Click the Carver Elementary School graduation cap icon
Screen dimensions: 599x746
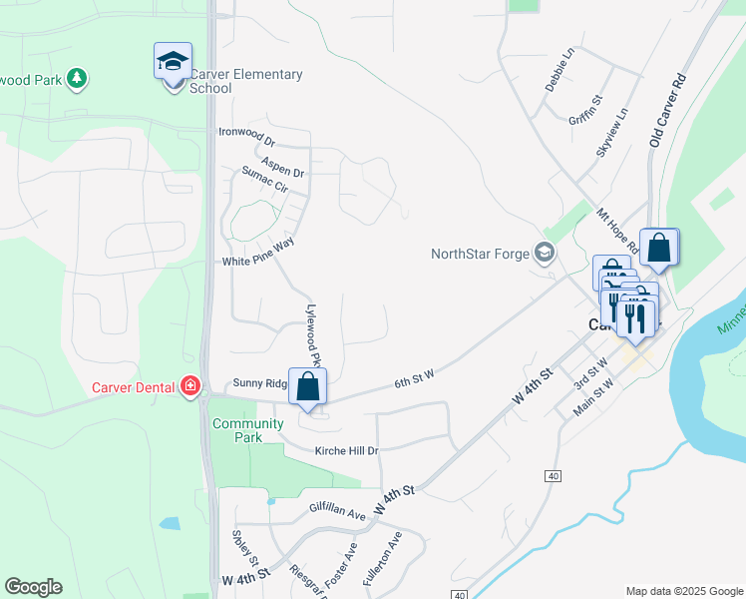coord(173,62)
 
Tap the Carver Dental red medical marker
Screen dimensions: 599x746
coord(190,386)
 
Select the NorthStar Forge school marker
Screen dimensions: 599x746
coord(545,252)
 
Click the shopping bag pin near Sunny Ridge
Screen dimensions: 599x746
coord(307,387)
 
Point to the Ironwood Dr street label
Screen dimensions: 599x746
coord(246,132)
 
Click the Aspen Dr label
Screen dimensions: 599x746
coord(282,166)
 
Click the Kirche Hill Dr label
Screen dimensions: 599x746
coord(347,451)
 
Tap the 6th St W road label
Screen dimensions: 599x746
coord(415,377)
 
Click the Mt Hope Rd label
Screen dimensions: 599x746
coord(616,232)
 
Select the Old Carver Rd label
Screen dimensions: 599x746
coord(668,110)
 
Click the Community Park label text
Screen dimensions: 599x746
coord(237,430)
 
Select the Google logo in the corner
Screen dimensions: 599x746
coord(33,587)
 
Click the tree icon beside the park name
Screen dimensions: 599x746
coord(77,78)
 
